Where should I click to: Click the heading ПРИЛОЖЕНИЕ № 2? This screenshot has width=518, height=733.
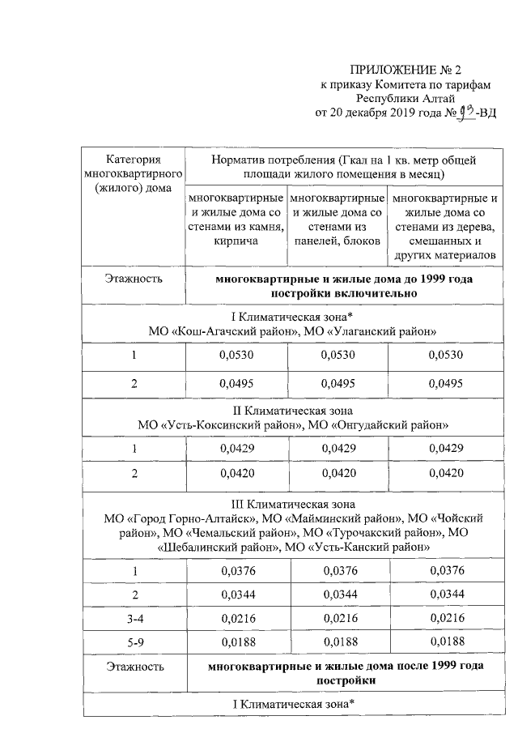click(410, 69)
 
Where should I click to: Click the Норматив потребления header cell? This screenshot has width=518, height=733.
click(338, 167)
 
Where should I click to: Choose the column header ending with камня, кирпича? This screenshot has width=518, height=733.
click(236, 219)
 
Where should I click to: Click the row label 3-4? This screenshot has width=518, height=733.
click(134, 619)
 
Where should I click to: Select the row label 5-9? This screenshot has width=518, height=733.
click(134, 643)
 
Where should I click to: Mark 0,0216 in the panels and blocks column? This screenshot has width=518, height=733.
click(337, 619)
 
